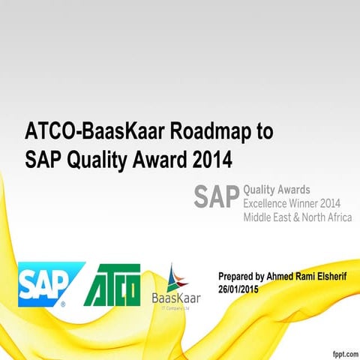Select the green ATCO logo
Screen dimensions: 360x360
click(112, 286)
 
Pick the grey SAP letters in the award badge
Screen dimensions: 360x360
click(215, 196)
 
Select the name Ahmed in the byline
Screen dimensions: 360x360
click(281, 277)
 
